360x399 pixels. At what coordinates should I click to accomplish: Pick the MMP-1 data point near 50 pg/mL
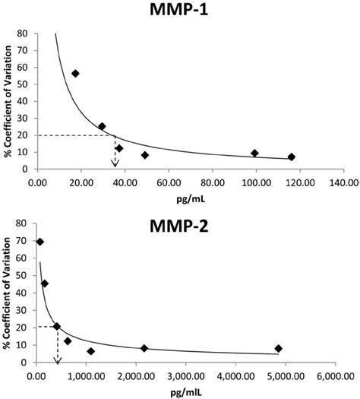145,155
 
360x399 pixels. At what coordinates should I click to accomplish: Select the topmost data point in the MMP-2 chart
40,242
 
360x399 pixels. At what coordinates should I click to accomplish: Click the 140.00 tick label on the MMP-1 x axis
343,182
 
